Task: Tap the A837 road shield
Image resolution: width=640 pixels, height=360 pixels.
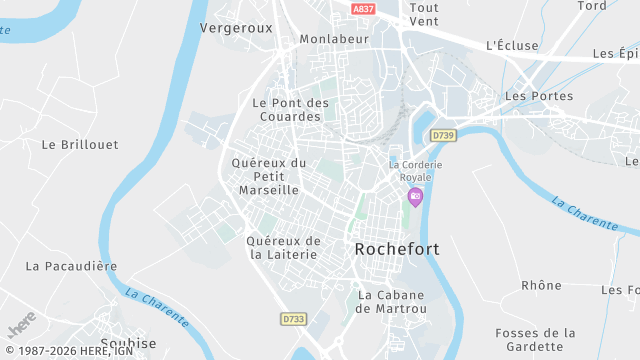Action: point(365,8)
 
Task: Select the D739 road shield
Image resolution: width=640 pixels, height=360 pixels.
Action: point(443,134)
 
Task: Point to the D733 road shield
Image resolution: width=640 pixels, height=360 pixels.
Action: point(293,319)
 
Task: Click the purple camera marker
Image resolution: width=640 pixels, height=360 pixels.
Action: point(415,196)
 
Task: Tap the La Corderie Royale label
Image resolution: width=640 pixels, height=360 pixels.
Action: point(416,171)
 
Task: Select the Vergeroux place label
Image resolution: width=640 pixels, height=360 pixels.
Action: point(236,28)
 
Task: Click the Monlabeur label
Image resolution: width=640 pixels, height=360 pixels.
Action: point(334,39)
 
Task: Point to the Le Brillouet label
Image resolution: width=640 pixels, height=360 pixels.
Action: point(75,144)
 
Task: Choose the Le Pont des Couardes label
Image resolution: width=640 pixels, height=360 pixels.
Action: point(291,109)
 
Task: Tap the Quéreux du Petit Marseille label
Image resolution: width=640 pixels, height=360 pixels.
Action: point(268,176)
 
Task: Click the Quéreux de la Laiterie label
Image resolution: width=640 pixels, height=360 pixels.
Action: point(284,247)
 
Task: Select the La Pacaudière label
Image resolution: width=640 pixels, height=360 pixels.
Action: point(72,266)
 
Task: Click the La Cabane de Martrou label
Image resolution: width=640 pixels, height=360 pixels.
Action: point(392,302)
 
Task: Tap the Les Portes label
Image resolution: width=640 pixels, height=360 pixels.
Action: point(539,96)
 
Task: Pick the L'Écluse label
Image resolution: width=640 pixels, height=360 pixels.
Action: point(511,45)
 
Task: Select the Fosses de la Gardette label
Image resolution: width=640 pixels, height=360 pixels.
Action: point(536,340)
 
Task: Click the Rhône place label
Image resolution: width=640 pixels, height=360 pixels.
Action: point(542,285)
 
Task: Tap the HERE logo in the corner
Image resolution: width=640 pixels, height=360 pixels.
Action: point(22,327)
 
